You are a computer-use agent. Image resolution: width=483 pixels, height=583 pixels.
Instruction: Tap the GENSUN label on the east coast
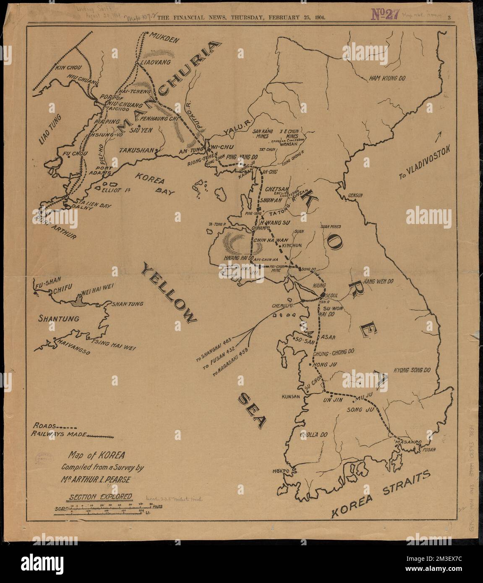(355, 196)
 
